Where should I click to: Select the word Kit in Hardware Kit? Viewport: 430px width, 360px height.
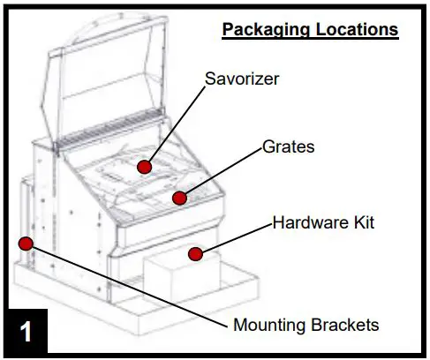[361, 221]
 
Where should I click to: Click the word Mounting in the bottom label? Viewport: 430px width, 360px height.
[268, 325]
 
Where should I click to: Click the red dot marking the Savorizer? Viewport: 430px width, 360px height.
[143, 165]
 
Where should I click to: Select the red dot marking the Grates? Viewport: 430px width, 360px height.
[179, 197]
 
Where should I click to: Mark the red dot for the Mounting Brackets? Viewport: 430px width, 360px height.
[26, 243]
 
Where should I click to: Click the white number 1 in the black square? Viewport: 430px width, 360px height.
[26, 333]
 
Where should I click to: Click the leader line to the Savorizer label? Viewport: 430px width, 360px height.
[177, 129]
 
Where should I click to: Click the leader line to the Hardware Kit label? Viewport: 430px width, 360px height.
[234, 238]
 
